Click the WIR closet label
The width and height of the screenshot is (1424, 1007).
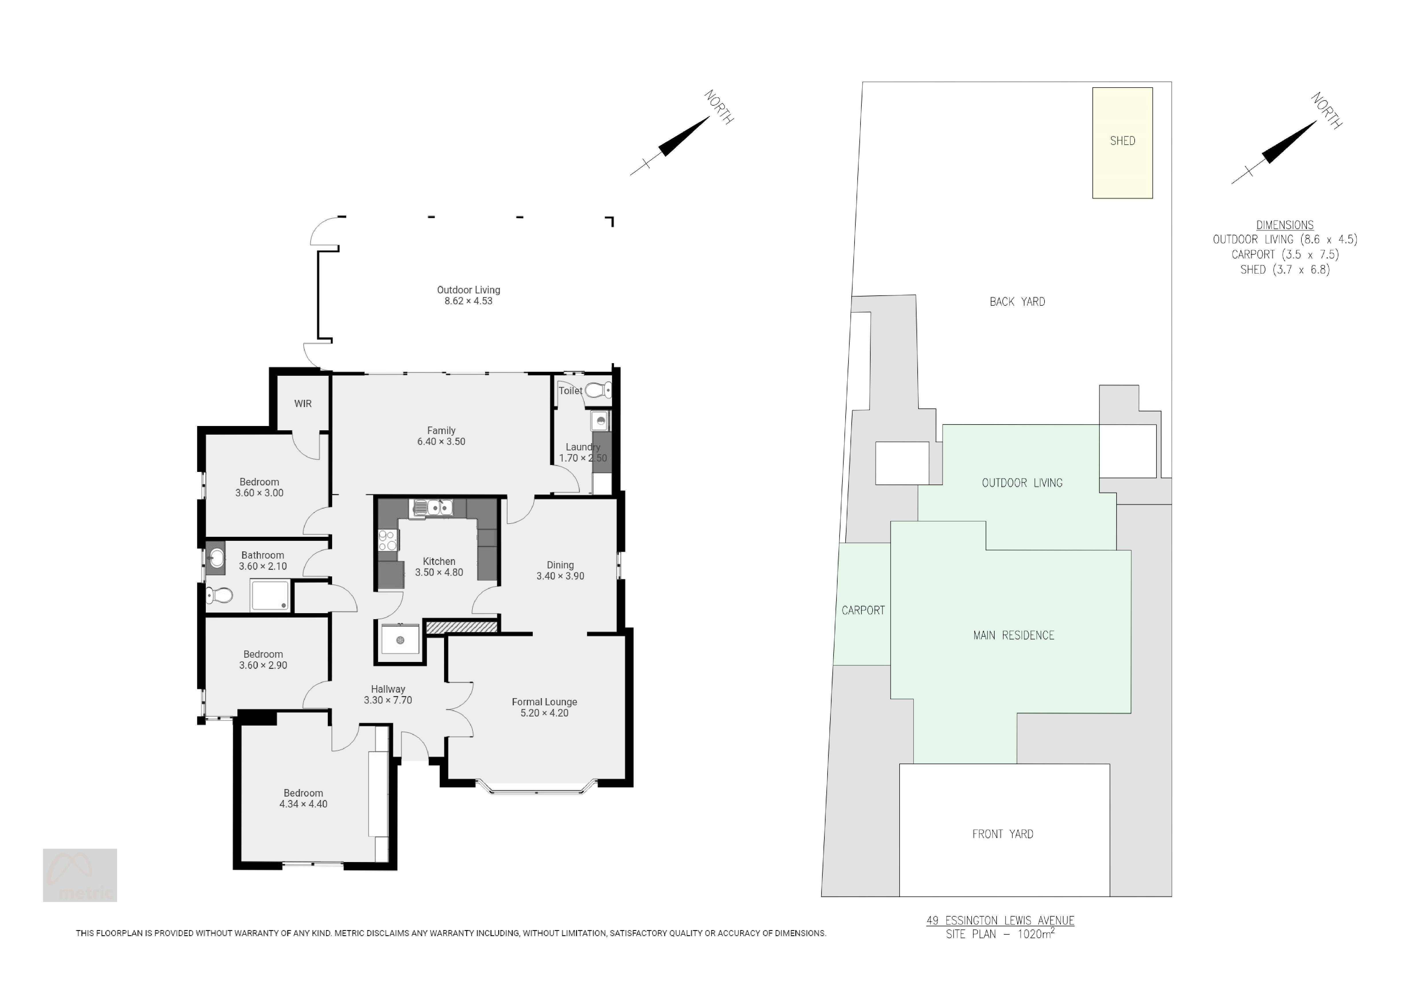coord(303,404)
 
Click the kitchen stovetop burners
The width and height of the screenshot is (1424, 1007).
coord(388,540)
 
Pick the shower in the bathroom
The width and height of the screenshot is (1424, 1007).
coord(270,595)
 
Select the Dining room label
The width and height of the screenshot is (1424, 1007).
coord(560,565)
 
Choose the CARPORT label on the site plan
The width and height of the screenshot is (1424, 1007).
coord(863,610)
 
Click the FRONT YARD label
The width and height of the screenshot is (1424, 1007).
coord(1003,834)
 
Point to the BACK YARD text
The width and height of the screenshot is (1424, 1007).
coord(1017,302)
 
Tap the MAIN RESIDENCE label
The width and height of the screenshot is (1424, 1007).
coord(1014,635)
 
